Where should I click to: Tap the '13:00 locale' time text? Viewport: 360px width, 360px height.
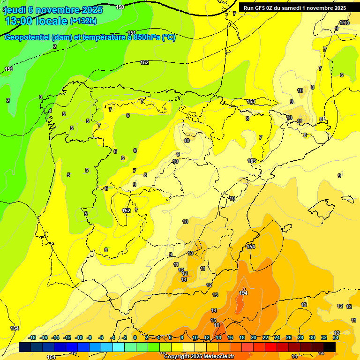36,21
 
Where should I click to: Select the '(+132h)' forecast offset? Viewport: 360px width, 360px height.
83,21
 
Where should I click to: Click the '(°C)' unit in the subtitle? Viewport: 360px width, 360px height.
169,37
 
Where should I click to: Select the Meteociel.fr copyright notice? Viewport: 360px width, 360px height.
199,357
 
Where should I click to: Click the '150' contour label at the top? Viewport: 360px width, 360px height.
120,7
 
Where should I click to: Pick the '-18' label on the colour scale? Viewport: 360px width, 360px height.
32,337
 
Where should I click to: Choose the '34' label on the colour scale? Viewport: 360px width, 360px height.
336,337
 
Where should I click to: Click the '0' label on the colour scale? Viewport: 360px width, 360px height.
135,337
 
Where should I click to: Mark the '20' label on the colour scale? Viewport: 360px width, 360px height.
254,337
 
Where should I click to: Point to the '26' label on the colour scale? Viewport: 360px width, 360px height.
289,337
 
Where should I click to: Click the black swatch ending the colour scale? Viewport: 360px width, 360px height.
330,347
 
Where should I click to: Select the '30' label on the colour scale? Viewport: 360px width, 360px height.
312,337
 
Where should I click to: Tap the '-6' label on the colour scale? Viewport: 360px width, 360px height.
101,337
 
